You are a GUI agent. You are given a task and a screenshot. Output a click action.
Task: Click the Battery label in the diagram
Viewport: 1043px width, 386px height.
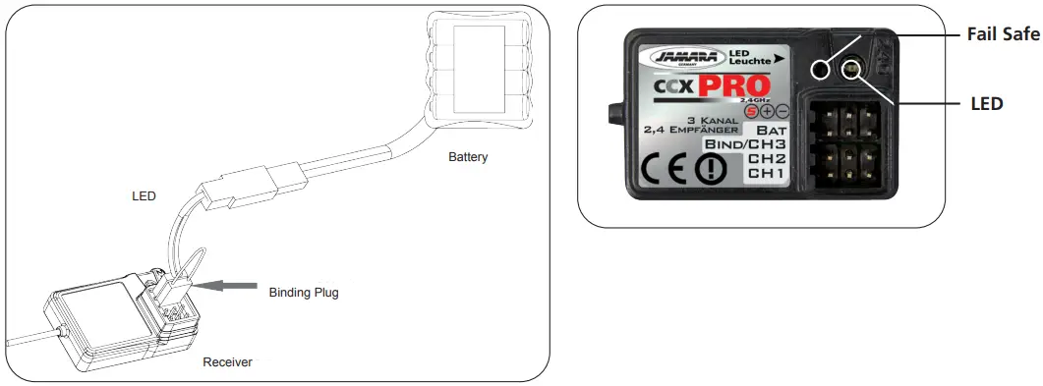(x=468, y=157)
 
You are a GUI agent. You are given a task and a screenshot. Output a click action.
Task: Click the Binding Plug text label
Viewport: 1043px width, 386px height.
(x=304, y=292)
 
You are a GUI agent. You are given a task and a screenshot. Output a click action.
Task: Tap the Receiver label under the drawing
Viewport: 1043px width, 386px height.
(x=227, y=362)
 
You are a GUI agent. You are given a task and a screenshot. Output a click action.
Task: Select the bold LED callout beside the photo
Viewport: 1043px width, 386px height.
(x=986, y=102)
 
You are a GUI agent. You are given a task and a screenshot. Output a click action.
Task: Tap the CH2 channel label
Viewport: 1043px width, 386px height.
(x=767, y=158)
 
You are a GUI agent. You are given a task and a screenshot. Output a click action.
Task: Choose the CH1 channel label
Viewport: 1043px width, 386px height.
(x=767, y=173)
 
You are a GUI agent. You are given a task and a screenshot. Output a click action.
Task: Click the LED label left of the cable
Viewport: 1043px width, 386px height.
(x=144, y=195)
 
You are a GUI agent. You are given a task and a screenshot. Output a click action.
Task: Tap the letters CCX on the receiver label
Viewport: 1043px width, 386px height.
(x=675, y=90)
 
